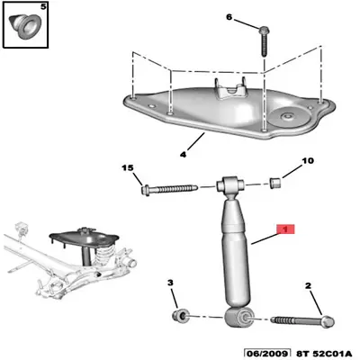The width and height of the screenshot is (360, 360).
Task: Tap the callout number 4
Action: point(183,154)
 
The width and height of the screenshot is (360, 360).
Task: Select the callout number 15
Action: point(127,168)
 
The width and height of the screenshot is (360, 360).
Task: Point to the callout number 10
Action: point(306,163)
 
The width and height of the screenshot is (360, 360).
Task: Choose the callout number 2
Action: point(307,286)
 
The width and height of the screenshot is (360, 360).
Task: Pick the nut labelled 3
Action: point(180,316)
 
